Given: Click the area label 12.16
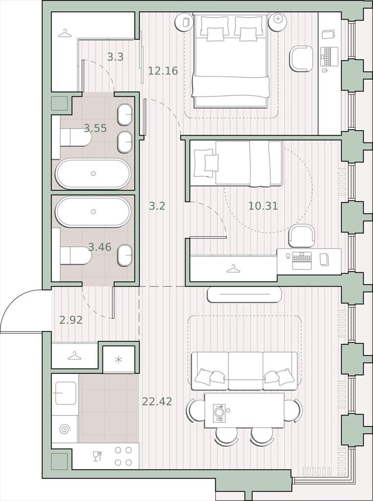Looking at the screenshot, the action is (x=163, y=70).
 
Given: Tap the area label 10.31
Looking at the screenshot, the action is (x=263, y=206).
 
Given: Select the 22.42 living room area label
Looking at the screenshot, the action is (x=157, y=401).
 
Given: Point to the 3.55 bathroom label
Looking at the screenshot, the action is (x=96, y=129).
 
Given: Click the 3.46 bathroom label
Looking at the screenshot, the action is (x=99, y=247).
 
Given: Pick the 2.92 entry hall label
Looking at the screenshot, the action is (x=71, y=320).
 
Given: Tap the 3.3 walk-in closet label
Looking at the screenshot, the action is (x=115, y=57).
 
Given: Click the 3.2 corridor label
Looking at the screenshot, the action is (x=157, y=206).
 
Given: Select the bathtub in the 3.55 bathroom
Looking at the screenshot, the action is (x=93, y=174).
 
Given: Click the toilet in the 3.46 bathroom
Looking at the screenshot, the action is (x=76, y=255).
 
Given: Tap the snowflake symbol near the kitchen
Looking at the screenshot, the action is (x=119, y=360).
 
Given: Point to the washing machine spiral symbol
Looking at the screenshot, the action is (x=64, y=429).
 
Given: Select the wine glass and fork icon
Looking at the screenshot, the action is (x=97, y=456).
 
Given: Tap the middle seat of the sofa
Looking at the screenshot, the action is (x=246, y=371).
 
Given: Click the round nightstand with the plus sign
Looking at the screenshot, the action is (x=278, y=22).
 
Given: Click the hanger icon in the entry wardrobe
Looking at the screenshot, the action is (x=75, y=356).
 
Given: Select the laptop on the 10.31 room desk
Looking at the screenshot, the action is (x=302, y=261).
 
